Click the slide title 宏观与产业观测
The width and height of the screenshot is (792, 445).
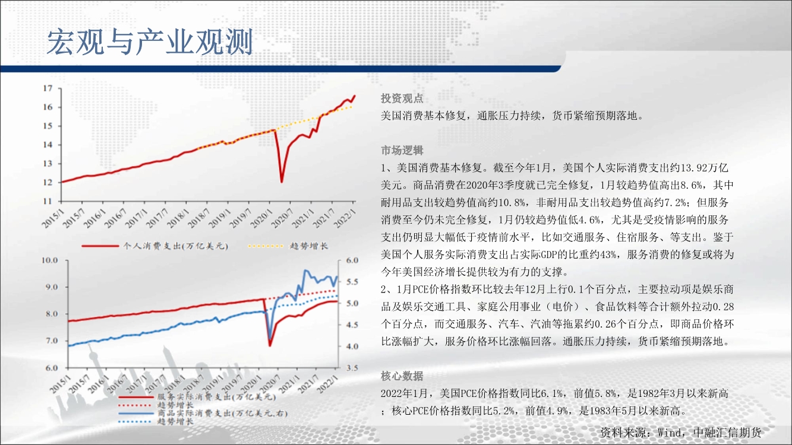[x=150, y=42]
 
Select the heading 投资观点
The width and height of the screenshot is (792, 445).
[x=402, y=98]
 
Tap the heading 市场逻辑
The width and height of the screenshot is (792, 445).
[x=402, y=151]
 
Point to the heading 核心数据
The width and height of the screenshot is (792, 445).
[x=402, y=376]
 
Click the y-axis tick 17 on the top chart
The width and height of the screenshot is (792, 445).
[x=48, y=88]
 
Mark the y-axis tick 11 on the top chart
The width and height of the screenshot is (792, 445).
[x=48, y=201]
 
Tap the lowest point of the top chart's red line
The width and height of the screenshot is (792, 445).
[x=282, y=182]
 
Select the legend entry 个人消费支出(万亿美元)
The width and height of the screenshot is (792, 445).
[x=155, y=246]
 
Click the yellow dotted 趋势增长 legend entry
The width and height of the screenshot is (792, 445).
[x=288, y=246]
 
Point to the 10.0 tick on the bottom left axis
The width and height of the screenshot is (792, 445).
[x=49, y=260]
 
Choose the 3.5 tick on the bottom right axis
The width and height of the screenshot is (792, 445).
[x=352, y=368]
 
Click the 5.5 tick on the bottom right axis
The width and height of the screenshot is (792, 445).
[x=352, y=282]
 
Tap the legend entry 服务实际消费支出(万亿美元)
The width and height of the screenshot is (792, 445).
[x=197, y=396]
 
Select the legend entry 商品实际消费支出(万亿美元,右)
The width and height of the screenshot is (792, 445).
[x=203, y=413]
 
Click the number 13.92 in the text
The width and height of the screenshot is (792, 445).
[x=693, y=168]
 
